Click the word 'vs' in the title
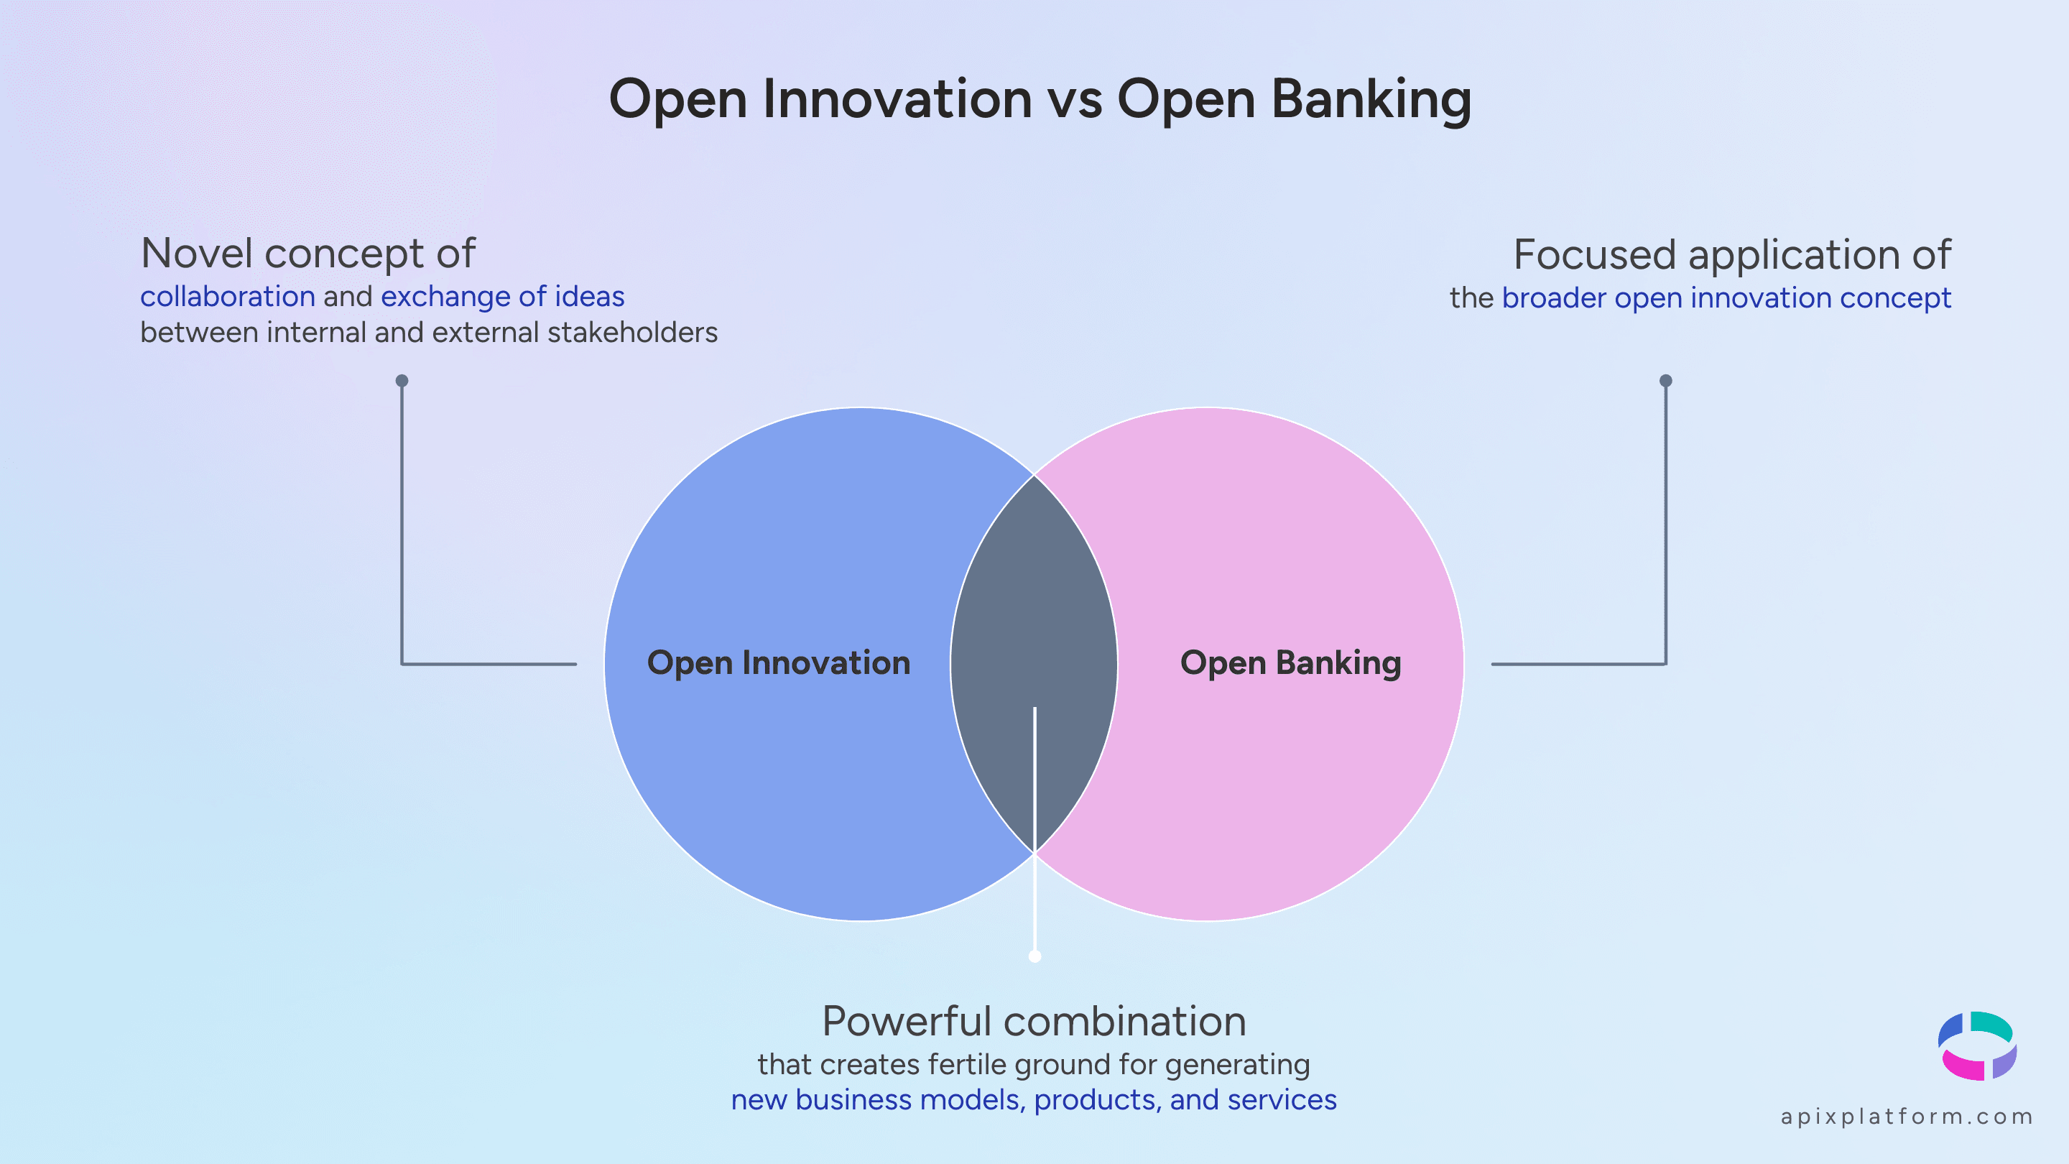[1075, 101]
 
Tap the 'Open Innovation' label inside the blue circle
[778, 663]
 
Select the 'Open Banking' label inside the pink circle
[1290, 663]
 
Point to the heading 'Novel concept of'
[307, 254]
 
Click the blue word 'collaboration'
[227, 297]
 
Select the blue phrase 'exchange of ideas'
[502, 297]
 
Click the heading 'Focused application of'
[1731, 256]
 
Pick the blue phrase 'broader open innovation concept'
[1726, 298]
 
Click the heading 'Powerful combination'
[1034, 1022]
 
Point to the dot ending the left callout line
[402, 381]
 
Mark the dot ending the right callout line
[1666, 381]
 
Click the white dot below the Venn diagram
[1034, 956]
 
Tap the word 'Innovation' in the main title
[897, 100]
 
